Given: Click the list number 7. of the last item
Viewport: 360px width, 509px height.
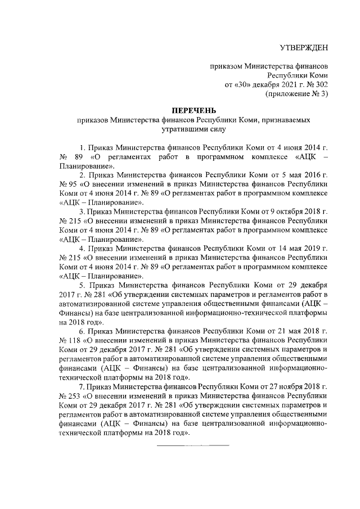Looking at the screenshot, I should point(82,387).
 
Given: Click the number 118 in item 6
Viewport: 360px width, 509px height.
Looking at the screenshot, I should point(74,340).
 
